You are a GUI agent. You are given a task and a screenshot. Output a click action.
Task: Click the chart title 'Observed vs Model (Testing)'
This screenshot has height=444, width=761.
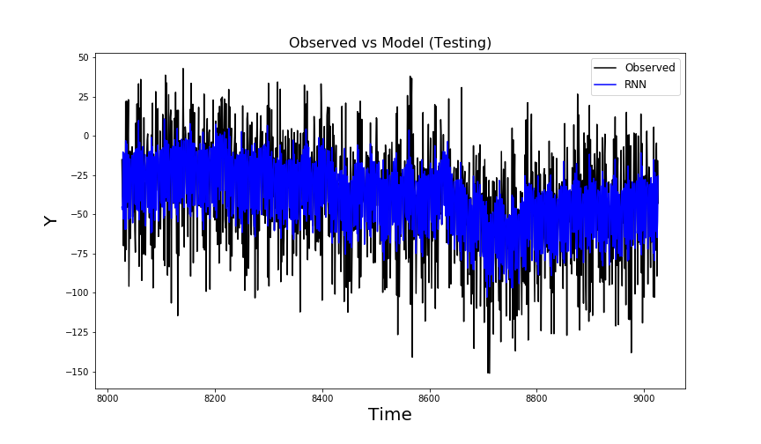click(389, 43)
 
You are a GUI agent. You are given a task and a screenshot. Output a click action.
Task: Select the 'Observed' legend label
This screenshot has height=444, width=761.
click(649, 68)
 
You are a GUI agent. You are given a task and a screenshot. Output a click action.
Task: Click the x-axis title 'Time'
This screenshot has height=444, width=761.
click(389, 415)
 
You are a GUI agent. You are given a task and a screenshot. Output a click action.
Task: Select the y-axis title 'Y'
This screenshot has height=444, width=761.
click(51, 220)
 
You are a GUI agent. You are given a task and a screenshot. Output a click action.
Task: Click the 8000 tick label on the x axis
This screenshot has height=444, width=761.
click(107, 397)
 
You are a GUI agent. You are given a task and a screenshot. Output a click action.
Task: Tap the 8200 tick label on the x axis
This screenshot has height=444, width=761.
click(215, 397)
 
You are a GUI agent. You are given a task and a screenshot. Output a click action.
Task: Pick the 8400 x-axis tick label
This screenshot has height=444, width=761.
click(322, 397)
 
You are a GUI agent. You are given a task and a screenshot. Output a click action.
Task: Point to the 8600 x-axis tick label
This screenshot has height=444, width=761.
click(430, 397)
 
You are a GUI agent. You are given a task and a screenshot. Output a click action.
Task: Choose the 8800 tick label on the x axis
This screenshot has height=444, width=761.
click(537, 397)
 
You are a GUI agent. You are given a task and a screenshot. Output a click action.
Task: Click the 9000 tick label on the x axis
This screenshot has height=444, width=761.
click(645, 397)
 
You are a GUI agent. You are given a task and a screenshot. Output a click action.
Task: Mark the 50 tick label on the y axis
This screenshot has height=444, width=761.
click(83, 57)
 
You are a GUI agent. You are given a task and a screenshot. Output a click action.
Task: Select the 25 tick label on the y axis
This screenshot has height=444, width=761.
click(83, 97)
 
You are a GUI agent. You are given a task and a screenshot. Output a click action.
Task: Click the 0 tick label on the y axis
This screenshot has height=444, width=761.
click(85, 136)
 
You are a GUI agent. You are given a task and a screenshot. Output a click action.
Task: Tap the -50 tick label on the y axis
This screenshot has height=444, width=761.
click(80, 214)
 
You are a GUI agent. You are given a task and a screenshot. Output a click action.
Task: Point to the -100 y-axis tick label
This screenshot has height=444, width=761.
click(78, 292)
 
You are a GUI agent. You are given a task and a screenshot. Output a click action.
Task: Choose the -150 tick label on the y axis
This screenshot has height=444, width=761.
click(78, 372)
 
